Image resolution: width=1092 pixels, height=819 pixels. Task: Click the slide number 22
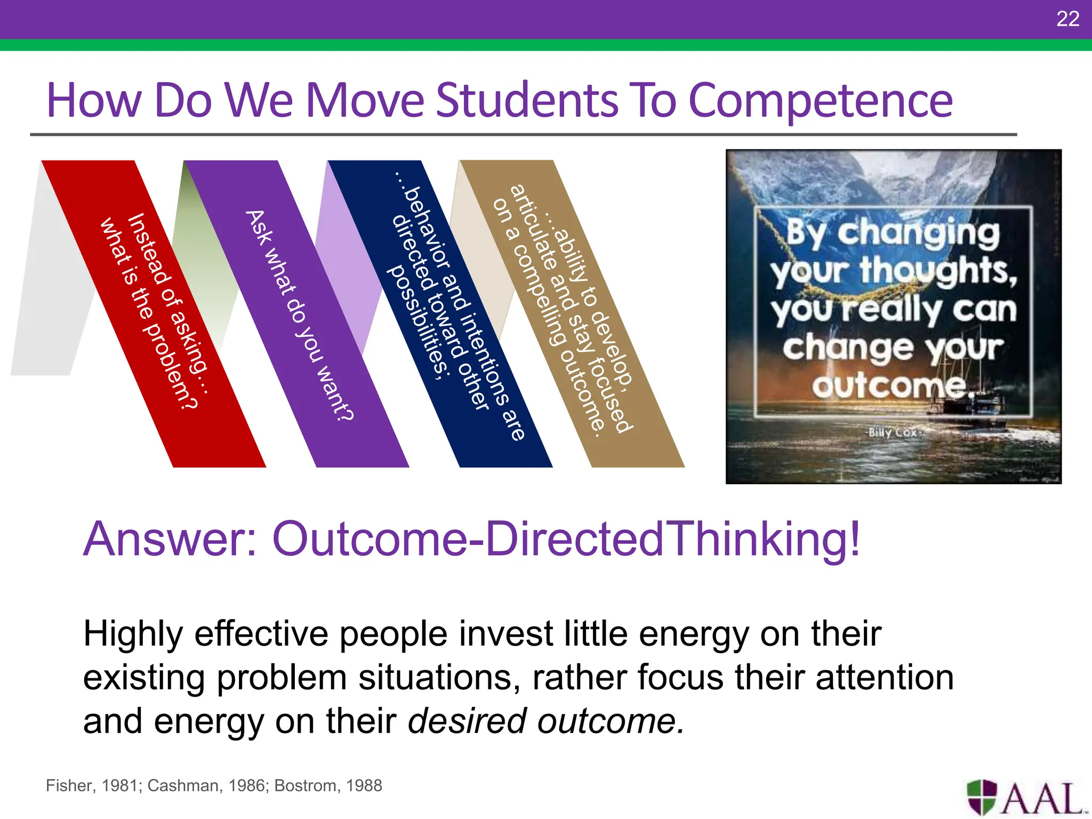pos(1067,19)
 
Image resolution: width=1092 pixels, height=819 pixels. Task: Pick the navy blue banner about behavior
pos(453,331)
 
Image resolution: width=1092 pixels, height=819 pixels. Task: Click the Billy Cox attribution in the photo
pos(892,432)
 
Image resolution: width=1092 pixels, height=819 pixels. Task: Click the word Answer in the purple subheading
pos(171,539)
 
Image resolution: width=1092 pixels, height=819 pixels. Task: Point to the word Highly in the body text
pos(133,635)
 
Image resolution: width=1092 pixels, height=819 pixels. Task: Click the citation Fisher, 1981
pos(93,785)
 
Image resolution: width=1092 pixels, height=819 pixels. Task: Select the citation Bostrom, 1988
pos(328,785)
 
